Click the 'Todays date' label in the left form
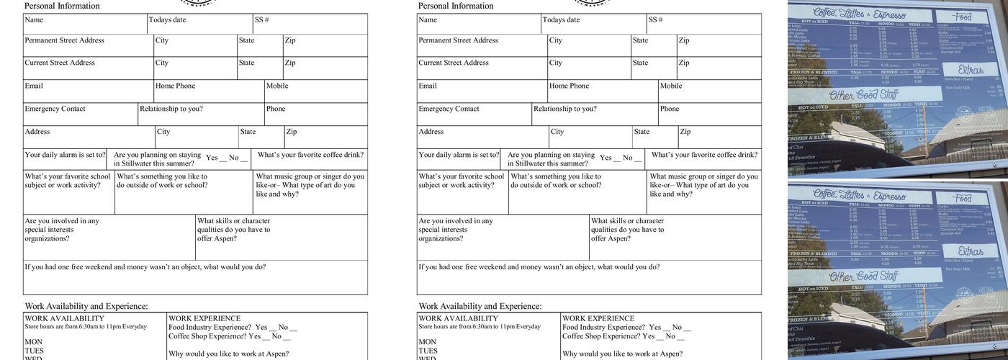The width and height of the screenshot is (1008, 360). tap(167, 20)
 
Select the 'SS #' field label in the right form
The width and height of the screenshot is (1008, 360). tap(655, 20)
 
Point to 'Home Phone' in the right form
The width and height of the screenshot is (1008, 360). tap(569, 86)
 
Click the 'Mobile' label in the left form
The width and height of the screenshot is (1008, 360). tap(277, 86)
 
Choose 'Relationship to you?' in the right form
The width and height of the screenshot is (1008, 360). tap(565, 109)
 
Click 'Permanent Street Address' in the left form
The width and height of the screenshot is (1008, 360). tap(64, 40)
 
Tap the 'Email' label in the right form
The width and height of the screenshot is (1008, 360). tap(428, 86)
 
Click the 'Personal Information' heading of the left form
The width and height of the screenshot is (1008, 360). tap(62, 6)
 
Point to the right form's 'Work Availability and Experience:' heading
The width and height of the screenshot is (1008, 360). tap(480, 307)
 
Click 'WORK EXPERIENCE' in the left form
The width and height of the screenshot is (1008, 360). tap(204, 319)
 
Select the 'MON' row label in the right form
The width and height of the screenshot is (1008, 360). tap(428, 343)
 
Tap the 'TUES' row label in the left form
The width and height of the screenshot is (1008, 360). tap(35, 351)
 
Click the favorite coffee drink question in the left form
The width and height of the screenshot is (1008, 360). tap(310, 155)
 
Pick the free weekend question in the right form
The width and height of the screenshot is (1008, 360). tap(539, 267)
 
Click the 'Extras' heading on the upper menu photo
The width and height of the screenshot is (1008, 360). tap(971, 70)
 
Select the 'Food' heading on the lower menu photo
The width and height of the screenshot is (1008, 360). tap(963, 198)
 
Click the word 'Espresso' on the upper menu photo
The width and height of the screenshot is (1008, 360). tap(890, 14)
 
